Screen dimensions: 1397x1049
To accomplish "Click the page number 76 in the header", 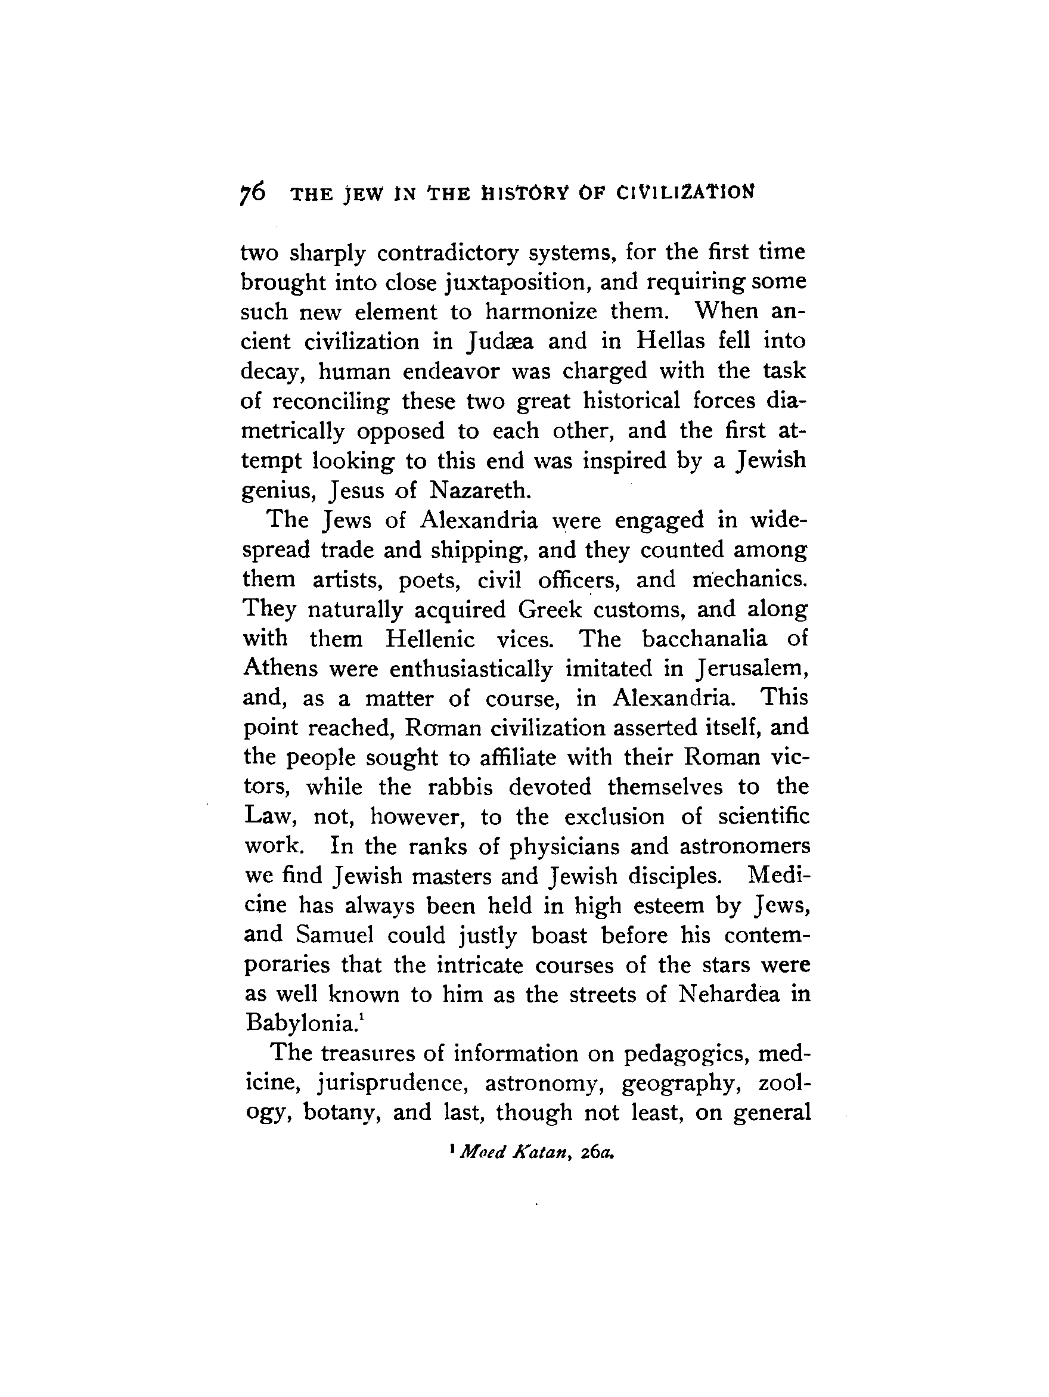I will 253,192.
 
